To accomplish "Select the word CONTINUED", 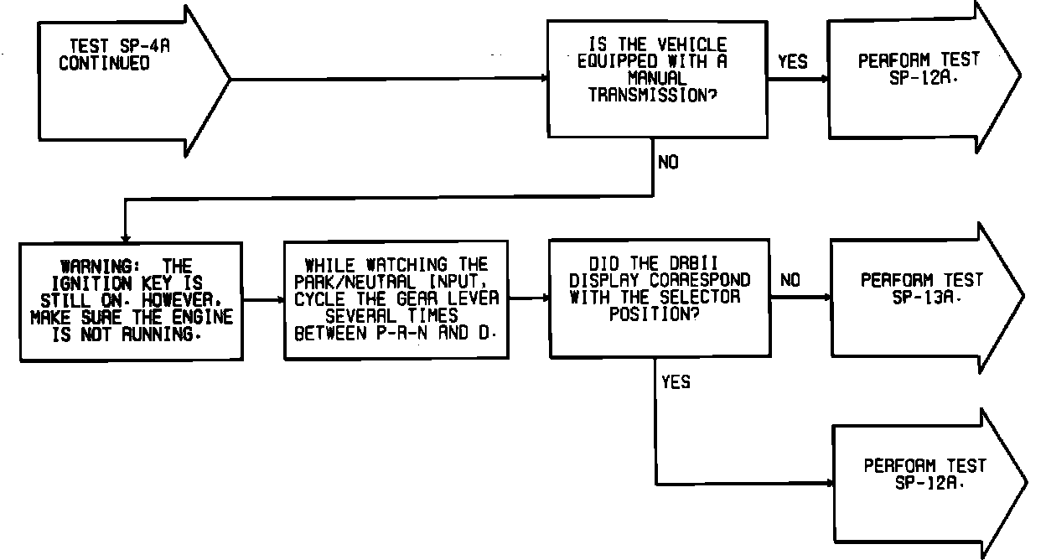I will (x=104, y=64).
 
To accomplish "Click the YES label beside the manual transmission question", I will (x=793, y=61).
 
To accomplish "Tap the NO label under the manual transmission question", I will (x=668, y=163).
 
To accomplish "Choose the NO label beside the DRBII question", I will (x=790, y=281).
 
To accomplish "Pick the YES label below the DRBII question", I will (x=676, y=382).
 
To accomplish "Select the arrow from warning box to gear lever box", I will (x=262, y=299).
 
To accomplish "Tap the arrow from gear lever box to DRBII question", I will (x=529, y=298).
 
